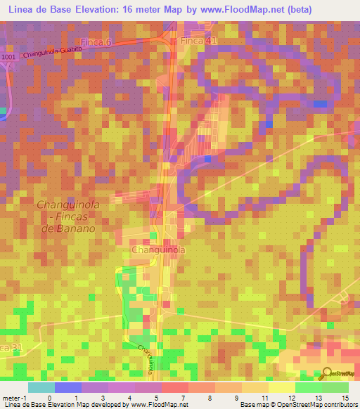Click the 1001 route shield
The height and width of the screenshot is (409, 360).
(x=8, y=57)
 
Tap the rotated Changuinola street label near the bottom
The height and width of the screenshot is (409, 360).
(x=146, y=358)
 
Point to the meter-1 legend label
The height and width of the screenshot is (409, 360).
(x=13, y=398)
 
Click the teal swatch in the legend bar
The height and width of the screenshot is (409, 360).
(x=41, y=387)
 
